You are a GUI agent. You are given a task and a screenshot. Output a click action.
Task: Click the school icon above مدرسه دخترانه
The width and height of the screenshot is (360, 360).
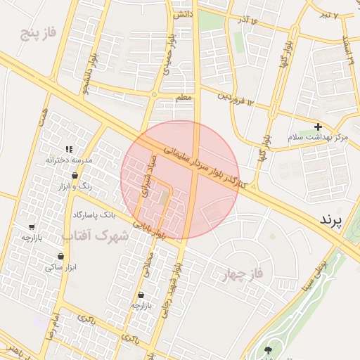coord(69,149)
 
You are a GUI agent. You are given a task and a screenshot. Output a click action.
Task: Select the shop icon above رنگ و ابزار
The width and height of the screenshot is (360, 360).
coord(75,176)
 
